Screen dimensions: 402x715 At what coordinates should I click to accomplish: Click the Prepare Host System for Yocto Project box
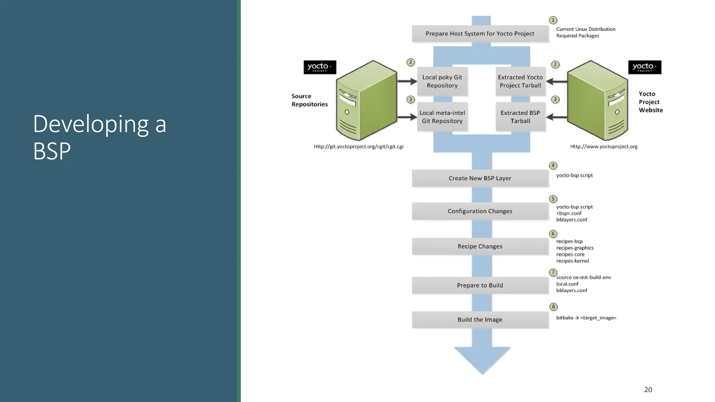pos(480,34)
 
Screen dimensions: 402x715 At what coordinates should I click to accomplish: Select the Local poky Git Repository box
pos(442,81)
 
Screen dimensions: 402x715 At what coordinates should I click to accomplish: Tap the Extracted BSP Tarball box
pos(520,117)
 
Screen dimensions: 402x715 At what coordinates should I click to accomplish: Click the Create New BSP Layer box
pos(480,178)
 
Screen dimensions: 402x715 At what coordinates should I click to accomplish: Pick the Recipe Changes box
pos(480,246)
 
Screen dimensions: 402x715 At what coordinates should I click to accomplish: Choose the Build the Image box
pos(480,320)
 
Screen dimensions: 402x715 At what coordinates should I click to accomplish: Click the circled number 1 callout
pos(553,20)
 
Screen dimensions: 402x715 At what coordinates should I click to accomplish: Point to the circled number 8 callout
pos(553,307)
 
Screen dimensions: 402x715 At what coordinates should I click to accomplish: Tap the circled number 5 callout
pos(553,199)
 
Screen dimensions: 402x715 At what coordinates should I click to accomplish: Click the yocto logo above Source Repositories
pos(320,67)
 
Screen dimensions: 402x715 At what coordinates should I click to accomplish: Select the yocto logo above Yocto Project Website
pos(644,67)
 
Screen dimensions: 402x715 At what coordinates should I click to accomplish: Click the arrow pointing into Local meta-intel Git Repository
pos(407,117)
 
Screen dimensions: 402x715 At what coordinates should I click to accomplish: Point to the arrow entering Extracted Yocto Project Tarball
pos(556,82)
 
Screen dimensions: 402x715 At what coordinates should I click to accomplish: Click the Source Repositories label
pos(309,100)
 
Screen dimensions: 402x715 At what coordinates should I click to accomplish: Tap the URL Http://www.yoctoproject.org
pos(604,147)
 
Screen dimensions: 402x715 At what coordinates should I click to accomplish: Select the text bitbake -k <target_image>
pos(586,318)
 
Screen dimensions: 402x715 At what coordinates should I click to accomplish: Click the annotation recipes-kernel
pos(572,261)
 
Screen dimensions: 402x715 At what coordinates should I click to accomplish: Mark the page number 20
pos(648,390)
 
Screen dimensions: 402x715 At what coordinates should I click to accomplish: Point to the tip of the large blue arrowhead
pos(482,374)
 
